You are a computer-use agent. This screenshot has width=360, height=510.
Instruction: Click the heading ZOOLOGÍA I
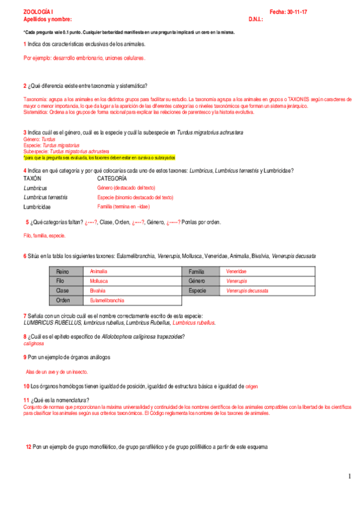(38, 12)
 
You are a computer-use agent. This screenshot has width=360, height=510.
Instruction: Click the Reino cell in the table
(63, 272)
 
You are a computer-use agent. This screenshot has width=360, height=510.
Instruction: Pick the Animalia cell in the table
(99, 272)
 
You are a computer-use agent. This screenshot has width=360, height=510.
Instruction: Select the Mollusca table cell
(99, 281)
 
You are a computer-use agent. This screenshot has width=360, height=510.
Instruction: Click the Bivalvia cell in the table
(98, 290)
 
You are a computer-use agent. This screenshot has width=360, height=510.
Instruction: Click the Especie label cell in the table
(198, 290)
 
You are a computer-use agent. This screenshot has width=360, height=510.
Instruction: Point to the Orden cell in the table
(63, 300)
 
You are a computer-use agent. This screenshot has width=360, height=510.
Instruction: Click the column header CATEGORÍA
(112, 179)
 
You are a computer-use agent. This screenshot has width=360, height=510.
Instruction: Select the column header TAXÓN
(32, 179)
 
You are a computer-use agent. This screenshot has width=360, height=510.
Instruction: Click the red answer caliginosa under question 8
(34, 344)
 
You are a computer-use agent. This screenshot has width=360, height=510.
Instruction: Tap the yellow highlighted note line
(99, 158)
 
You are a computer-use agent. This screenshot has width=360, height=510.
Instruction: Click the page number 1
(349, 477)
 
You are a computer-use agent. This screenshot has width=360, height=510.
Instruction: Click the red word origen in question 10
(251, 386)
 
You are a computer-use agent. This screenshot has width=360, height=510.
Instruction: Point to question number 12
(28, 447)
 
